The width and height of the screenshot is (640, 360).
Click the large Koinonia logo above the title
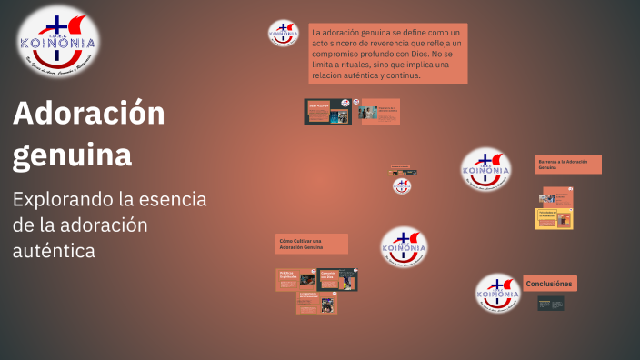(58, 40)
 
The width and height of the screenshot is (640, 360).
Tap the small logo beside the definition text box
(284, 34)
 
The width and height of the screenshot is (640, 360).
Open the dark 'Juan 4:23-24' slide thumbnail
(327, 112)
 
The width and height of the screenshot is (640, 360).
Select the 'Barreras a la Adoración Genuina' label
(567, 165)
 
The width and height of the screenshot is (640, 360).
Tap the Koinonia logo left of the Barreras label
(485, 169)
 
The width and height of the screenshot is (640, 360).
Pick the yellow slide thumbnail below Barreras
(554, 218)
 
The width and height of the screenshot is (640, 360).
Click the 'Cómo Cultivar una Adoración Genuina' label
(311, 244)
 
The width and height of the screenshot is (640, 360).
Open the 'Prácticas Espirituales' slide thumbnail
(294, 279)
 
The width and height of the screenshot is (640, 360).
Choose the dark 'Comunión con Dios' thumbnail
(337, 279)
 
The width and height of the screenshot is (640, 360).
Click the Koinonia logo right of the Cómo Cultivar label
(405, 246)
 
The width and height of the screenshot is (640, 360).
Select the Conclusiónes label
(549, 284)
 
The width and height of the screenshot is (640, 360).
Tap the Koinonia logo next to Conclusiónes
(498, 294)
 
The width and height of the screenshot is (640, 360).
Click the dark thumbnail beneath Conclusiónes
(550, 303)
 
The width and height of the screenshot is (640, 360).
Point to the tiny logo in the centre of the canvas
(402, 185)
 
